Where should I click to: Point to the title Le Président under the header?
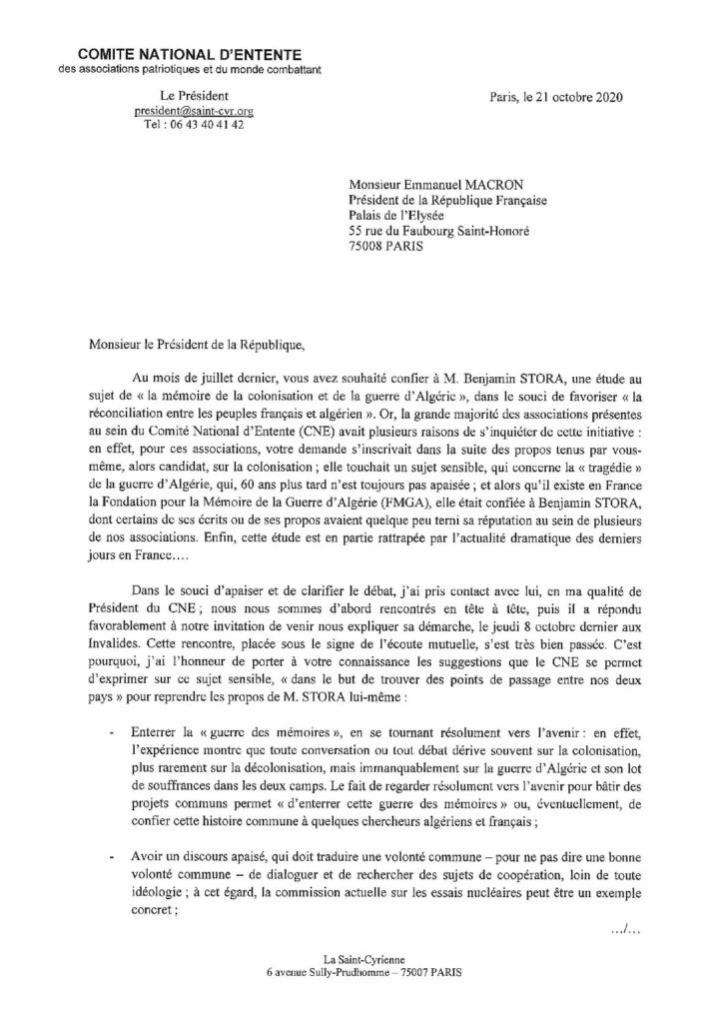click(x=193, y=96)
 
